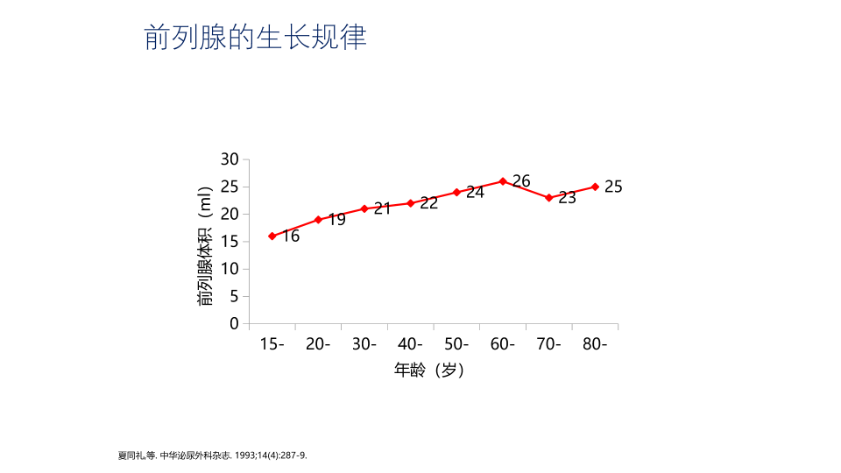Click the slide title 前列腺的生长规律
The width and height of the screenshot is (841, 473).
pyautogui.click(x=255, y=38)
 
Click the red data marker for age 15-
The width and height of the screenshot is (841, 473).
pyautogui.click(x=272, y=236)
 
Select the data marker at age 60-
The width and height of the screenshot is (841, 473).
pyautogui.click(x=503, y=181)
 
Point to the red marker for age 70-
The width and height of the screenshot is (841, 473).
pyautogui.click(x=549, y=198)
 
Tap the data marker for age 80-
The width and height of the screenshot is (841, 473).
pyautogui.click(x=595, y=187)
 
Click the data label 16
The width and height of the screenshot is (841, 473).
pyautogui.click(x=291, y=236)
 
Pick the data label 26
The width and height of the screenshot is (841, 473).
pyautogui.click(x=521, y=181)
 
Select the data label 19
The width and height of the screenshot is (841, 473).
pyautogui.click(x=336, y=220)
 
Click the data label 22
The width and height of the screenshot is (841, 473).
pyautogui.click(x=428, y=203)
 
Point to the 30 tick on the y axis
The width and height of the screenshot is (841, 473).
pyautogui.click(x=230, y=159)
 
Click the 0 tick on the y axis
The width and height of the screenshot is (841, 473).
pyautogui.click(x=234, y=323)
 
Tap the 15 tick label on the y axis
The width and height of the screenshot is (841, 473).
pyautogui.click(x=230, y=241)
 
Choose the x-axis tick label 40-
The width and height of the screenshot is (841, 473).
pyautogui.click(x=410, y=344)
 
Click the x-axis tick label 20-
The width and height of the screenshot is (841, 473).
pyautogui.click(x=318, y=344)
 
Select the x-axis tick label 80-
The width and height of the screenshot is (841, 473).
pyautogui.click(x=595, y=344)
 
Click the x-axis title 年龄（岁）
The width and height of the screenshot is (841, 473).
pyautogui.click(x=429, y=371)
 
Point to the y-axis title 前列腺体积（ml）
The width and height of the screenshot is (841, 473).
pyautogui.click(x=205, y=246)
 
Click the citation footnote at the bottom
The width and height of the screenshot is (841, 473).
pyautogui.click(x=212, y=455)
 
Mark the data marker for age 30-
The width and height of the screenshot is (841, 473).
pyautogui.click(x=364, y=208)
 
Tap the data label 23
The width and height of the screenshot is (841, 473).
pyautogui.click(x=568, y=198)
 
